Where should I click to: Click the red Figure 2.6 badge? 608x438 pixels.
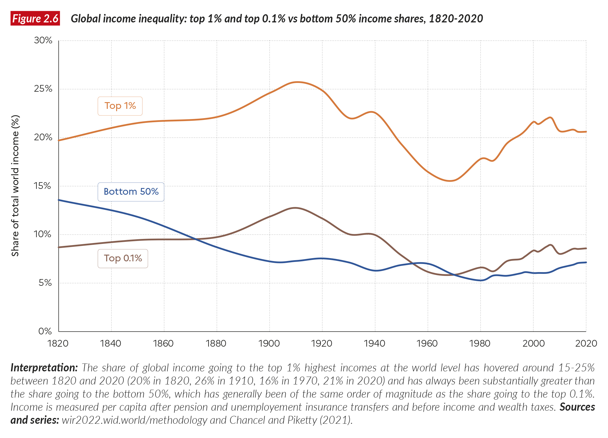(35, 19)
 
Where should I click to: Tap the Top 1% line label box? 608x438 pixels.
(120, 106)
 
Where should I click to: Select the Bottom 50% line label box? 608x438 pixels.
(131, 192)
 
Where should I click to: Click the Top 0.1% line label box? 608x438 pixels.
(123, 258)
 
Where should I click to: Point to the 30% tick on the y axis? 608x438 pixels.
(43, 40)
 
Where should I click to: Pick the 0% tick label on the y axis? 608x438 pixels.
(45, 331)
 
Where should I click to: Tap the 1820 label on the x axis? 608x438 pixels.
(58, 344)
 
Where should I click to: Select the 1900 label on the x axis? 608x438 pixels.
(269, 344)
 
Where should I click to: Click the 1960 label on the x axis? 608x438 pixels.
(427, 344)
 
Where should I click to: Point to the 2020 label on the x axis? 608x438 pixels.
(586, 344)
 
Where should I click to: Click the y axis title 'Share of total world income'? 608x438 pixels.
(15, 186)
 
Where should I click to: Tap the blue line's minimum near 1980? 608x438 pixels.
(481, 281)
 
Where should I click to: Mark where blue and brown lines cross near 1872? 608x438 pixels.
(196, 239)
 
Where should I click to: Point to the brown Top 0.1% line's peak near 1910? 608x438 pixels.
(295, 208)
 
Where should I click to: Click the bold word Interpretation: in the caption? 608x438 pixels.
(44, 368)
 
